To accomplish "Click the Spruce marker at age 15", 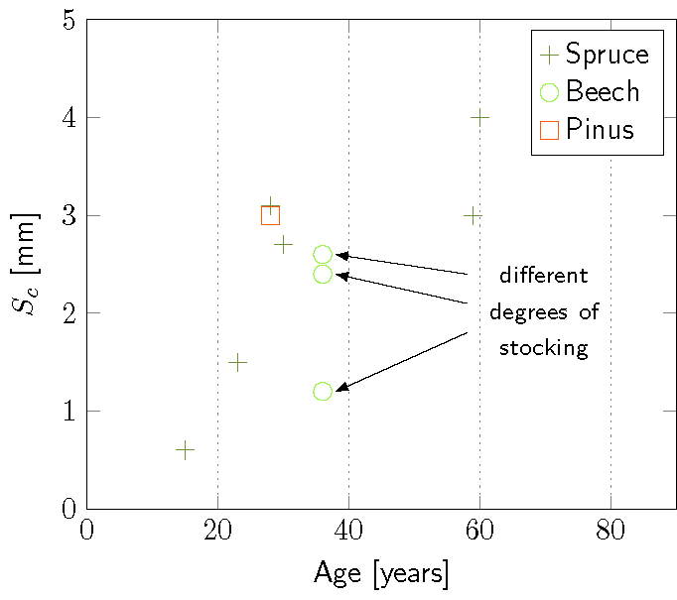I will [x=185, y=450].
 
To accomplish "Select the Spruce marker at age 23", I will [x=237, y=362].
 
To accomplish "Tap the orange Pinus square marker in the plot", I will [x=270, y=215].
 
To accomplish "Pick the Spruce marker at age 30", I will [x=283, y=244].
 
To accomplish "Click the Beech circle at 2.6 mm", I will [x=323, y=255].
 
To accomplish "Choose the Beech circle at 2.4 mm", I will [x=323, y=274].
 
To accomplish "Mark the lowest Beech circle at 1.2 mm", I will [x=323, y=392].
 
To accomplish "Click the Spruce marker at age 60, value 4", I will [x=479, y=117].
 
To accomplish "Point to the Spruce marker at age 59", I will [x=473, y=215].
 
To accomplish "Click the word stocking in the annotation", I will [x=543, y=349].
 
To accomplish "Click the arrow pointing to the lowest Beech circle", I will [x=402, y=361].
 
